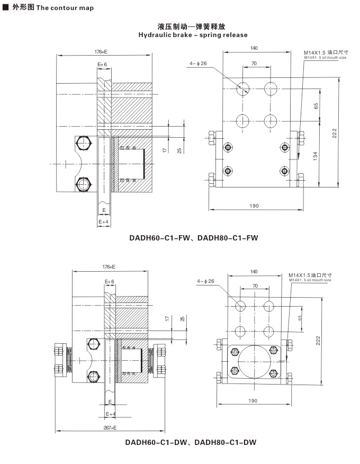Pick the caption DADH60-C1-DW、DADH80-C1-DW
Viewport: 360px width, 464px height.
(191, 442)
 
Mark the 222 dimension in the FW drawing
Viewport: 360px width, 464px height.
(335, 133)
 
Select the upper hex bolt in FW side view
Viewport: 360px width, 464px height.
(84, 143)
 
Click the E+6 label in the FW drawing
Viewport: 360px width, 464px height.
(102, 64)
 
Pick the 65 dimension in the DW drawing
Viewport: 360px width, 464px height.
(300, 318)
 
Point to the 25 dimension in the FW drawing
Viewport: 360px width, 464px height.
(179, 150)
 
